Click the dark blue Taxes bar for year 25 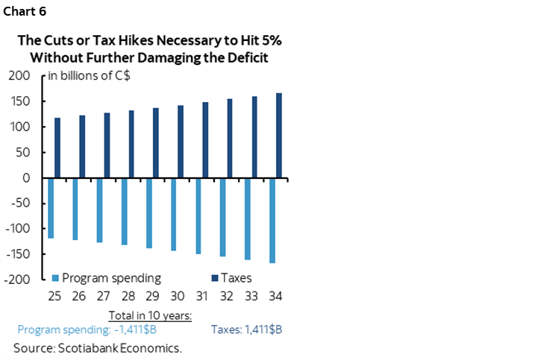click(57, 148)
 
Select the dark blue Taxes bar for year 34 click(278, 136)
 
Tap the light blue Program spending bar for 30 click(173, 215)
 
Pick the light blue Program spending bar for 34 click(272, 221)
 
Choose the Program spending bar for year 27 click(99, 210)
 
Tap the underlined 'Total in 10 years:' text click(150, 315)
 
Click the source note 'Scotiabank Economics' click(98, 347)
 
